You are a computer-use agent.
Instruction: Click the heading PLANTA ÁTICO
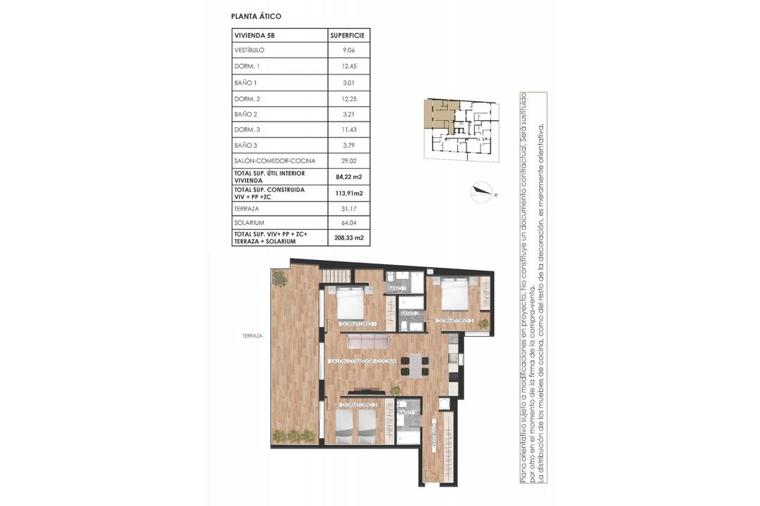point(257,15)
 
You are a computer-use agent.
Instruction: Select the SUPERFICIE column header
point(348,35)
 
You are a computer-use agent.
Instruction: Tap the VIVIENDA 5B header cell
point(255,35)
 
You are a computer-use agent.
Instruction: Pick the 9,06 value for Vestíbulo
point(348,51)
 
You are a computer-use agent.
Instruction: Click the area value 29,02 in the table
point(348,160)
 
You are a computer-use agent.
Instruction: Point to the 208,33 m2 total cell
point(348,238)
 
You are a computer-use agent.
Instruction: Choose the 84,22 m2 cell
point(348,176)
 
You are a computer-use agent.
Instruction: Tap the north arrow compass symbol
point(481,192)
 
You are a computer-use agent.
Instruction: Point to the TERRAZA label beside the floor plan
point(251,336)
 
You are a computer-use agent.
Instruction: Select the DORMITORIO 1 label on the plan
point(358,324)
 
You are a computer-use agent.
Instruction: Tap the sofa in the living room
point(369,341)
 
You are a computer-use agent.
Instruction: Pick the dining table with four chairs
point(413,366)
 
